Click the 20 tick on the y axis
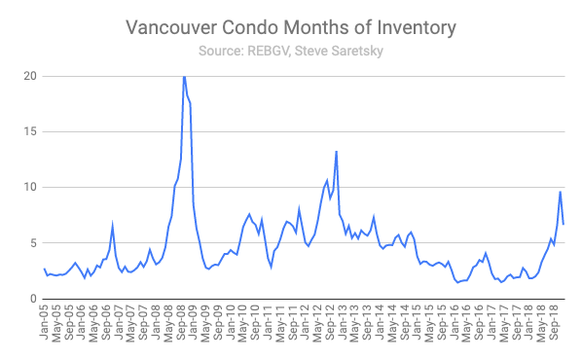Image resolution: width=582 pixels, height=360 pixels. pos(27,76)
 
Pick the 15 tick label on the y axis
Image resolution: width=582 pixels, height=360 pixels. pos(27,131)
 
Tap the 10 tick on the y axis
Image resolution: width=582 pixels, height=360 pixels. pos(27,187)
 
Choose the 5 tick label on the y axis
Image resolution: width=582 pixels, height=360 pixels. pos(31,242)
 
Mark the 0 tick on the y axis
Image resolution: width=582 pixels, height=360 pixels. pos(31,298)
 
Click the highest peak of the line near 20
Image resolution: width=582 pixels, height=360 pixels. pos(184,76)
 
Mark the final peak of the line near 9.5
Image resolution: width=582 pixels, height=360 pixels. pos(560,192)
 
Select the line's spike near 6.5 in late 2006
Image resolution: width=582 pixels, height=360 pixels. pos(113,226)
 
